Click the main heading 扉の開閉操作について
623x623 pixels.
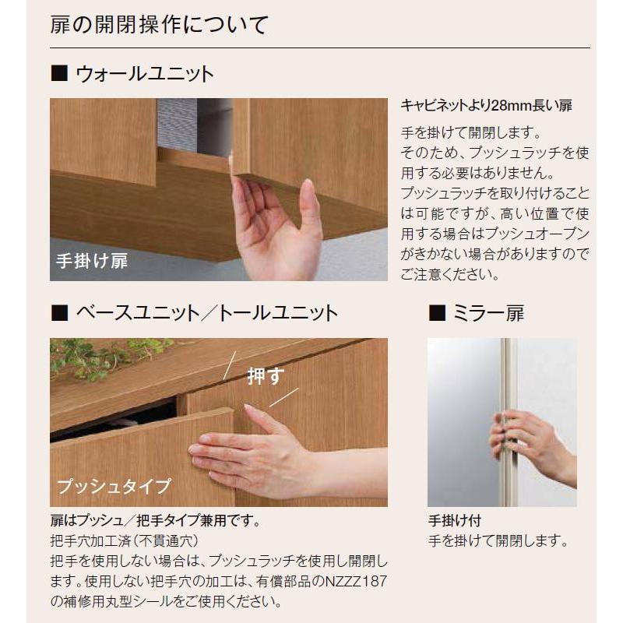[159, 23]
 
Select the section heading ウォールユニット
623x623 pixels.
[144, 75]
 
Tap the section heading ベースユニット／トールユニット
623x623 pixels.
[206, 313]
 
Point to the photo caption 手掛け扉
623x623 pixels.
[91, 262]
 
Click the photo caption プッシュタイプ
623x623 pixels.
[113, 487]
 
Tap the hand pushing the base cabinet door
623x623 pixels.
[249, 452]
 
